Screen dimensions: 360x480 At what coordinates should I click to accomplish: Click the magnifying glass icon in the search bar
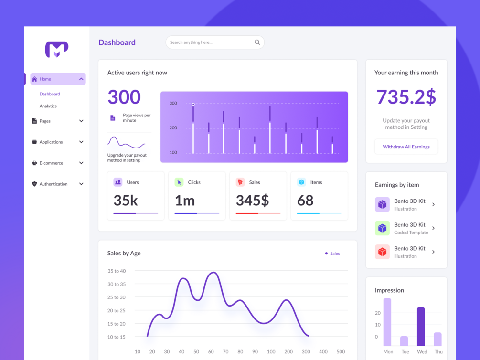(x=257, y=42)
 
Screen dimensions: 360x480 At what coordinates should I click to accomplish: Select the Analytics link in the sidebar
(x=48, y=106)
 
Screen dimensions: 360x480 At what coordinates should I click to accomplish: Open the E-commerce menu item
(x=51, y=163)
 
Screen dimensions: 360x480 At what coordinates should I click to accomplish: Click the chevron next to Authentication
(x=81, y=184)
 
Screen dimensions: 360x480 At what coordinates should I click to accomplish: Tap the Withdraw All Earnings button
(x=406, y=147)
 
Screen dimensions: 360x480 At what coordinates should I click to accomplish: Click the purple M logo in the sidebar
(x=57, y=49)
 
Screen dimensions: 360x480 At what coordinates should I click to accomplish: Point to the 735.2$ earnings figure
(x=406, y=97)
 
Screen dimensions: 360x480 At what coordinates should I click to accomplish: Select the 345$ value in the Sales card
(x=252, y=200)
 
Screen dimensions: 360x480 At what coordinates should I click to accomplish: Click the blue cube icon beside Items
(x=301, y=182)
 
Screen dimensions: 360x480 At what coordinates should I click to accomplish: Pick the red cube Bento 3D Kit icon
(x=382, y=252)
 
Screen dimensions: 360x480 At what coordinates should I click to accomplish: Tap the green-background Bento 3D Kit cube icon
(x=382, y=228)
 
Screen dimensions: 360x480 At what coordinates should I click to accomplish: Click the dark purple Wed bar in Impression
(x=421, y=326)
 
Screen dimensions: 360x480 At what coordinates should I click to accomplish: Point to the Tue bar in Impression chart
(x=404, y=340)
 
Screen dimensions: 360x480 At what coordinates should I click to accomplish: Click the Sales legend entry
(x=332, y=254)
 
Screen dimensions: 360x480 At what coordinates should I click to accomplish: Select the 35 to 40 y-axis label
(x=117, y=271)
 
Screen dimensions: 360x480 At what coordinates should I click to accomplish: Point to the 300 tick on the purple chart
(x=173, y=103)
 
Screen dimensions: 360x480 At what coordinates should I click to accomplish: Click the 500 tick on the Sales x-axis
(x=341, y=352)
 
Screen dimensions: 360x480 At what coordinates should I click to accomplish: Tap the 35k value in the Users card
(x=126, y=200)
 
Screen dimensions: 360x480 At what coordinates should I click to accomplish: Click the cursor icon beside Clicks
(x=179, y=182)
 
